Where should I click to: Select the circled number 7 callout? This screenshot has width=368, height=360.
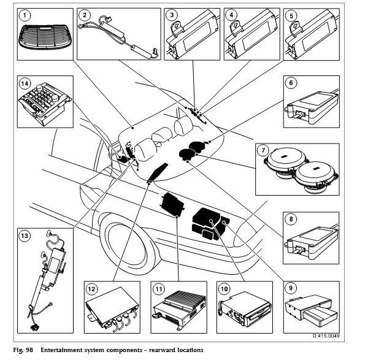pyautogui.click(x=262, y=149)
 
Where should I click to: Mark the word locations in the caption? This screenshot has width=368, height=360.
pyautogui.click(x=186, y=350)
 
